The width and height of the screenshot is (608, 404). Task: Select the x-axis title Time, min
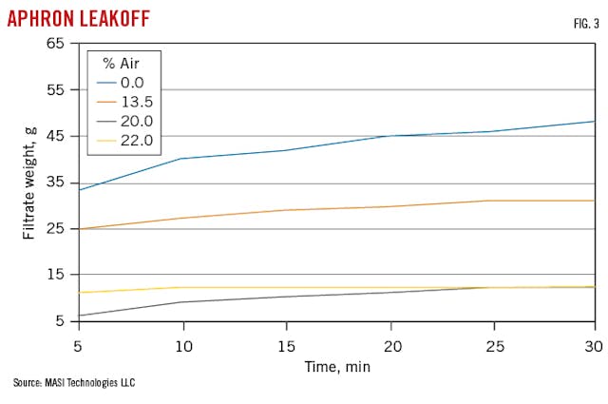coord(337,365)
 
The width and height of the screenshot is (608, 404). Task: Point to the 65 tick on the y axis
coord(56,44)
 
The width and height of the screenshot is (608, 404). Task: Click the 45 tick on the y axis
coord(56,136)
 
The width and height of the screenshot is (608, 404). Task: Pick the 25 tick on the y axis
coord(56,228)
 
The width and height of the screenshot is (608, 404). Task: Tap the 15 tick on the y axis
coord(56,275)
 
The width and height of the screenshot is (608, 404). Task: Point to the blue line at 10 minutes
coord(181,159)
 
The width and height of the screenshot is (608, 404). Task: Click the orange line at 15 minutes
coord(286,210)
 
